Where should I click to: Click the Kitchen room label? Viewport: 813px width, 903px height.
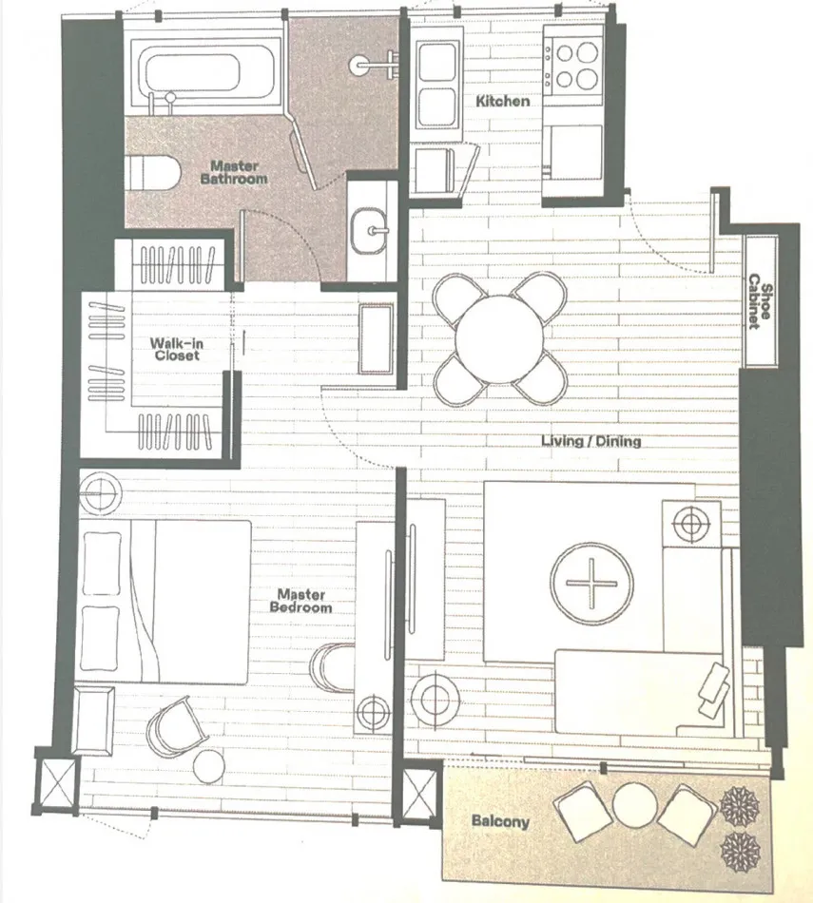tap(502, 101)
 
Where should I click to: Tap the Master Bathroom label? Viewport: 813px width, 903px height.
tap(234, 172)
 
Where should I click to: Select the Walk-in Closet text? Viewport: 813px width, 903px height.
tap(176, 349)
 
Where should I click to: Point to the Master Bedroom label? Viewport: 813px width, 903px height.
tap(300, 601)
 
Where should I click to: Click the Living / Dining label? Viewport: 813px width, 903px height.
tap(591, 441)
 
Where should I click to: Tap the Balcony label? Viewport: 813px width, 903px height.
tap(500, 820)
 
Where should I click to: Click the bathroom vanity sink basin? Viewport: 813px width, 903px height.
tap(369, 231)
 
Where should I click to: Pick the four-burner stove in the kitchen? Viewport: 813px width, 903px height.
tap(574, 65)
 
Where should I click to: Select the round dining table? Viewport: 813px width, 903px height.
tap(499, 338)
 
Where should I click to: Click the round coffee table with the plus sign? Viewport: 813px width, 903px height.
tap(591, 583)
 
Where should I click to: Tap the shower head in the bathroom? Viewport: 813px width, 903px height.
tap(359, 64)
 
